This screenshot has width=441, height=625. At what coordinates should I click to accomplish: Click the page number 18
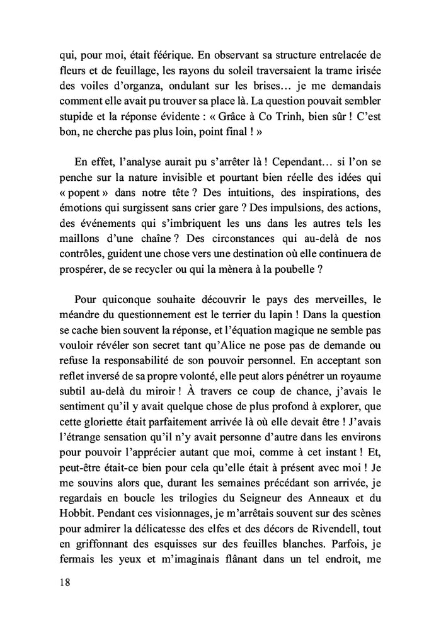point(62,582)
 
